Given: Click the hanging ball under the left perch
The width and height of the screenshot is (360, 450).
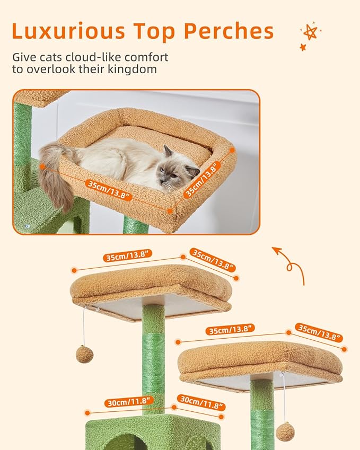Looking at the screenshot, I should pyautogui.click(x=84, y=354).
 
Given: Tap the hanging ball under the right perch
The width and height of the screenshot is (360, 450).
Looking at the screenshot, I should pyautogui.click(x=285, y=431).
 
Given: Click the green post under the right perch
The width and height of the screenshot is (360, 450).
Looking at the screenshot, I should pyautogui.click(x=262, y=411).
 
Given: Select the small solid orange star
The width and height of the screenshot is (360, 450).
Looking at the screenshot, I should pyautogui.click(x=303, y=48).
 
